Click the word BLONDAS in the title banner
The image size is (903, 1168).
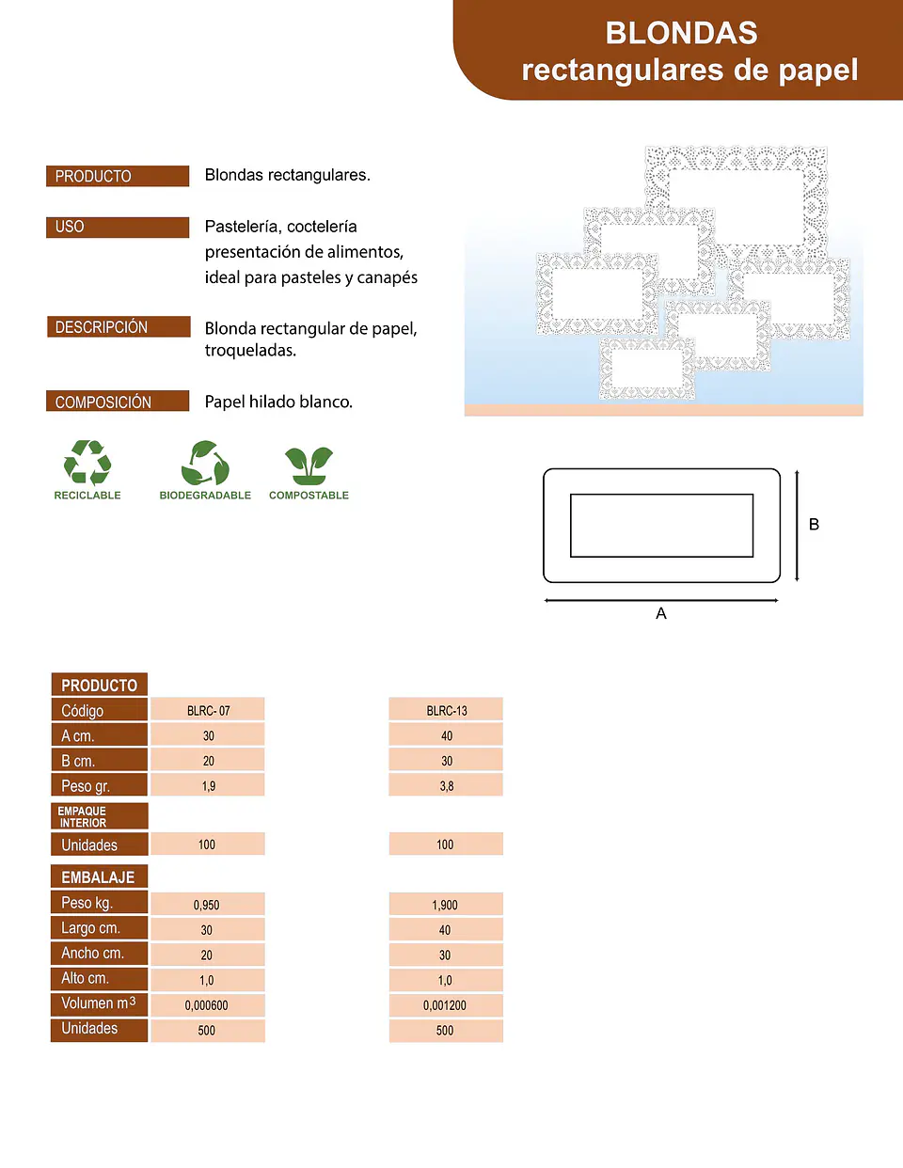681,33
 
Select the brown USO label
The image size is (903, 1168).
118,227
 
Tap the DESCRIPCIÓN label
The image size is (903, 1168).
119,327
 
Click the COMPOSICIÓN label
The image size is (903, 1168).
118,401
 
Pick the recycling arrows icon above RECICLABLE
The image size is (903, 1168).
87,463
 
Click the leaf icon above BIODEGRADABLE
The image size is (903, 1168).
205,463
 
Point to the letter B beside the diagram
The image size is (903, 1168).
814,525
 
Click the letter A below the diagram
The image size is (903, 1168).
661,613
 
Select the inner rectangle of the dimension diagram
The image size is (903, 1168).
661,495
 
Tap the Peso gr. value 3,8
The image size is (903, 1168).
446,785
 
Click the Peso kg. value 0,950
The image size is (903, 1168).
208,904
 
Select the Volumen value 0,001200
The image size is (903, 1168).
446,1004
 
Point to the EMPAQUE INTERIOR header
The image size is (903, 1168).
100,816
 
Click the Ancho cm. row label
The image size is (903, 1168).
100,954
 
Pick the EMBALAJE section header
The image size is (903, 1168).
100,876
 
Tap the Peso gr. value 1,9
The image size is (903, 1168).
208,785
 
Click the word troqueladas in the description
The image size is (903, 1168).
250,351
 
